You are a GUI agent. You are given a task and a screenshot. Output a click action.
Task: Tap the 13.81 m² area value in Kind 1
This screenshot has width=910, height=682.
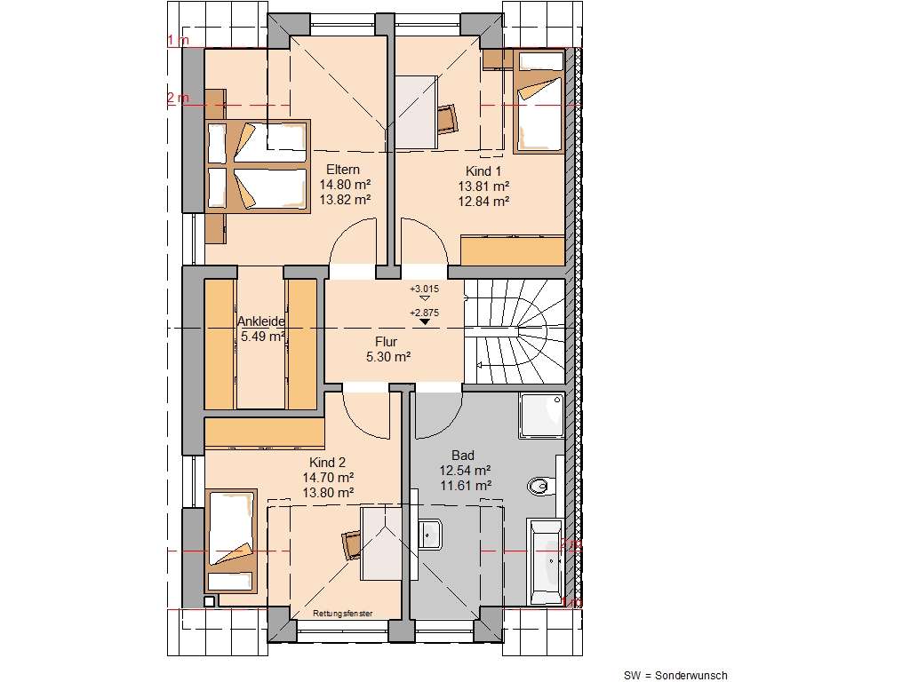click(483, 186)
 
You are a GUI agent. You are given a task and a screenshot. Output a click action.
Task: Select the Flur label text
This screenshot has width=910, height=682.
click(386, 341)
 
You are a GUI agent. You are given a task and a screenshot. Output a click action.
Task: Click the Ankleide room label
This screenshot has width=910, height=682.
click(260, 321)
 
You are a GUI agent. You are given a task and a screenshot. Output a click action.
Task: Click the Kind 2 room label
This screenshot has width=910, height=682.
click(326, 463)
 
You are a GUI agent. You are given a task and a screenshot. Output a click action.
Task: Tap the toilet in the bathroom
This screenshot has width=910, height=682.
click(540, 486)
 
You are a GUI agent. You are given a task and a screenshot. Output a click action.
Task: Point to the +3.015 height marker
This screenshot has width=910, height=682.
click(425, 289)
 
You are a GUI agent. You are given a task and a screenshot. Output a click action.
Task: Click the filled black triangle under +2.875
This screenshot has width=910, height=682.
click(425, 322)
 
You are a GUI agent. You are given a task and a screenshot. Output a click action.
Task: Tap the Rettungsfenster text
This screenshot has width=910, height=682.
click(342, 614)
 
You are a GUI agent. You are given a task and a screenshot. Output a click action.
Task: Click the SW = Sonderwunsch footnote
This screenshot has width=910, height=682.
click(675, 676)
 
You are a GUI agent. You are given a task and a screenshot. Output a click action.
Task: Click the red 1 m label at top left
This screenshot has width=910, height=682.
click(177, 41)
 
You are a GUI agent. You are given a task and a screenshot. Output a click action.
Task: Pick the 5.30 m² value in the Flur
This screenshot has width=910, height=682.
click(387, 357)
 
